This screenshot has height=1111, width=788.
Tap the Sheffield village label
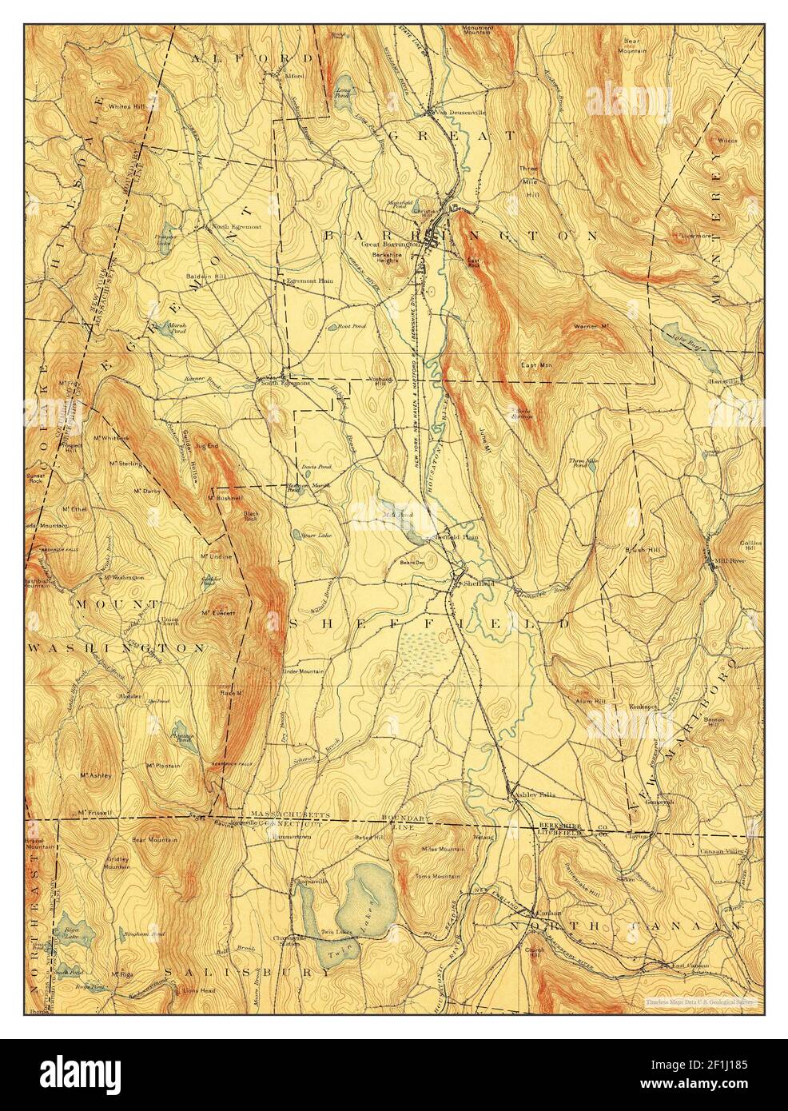coord(476,584)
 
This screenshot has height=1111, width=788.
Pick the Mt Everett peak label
coord(216,613)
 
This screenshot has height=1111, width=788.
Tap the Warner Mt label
coord(592,327)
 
